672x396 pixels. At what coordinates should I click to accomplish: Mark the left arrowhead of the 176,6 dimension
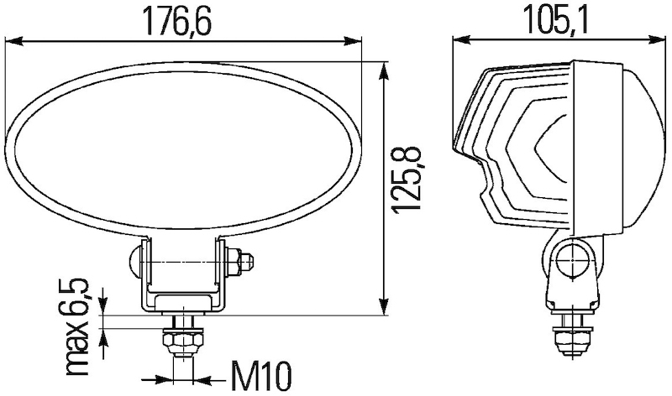pos(12,39)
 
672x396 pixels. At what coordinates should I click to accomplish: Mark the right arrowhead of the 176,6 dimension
pos(358,39)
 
